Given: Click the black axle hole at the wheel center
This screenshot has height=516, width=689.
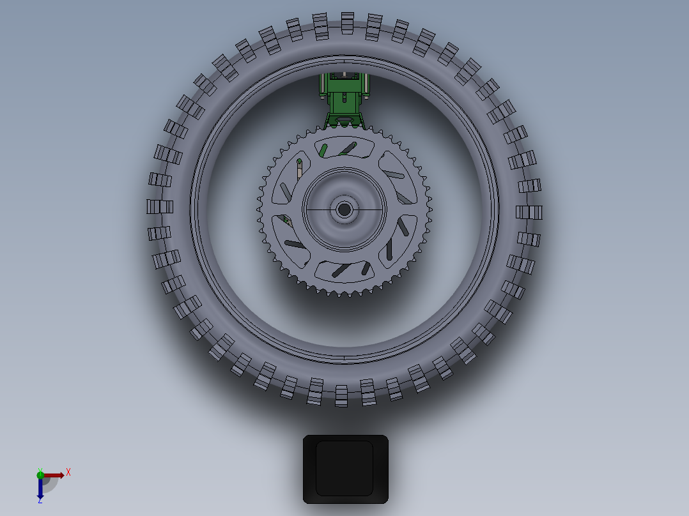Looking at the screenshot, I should (x=344, y=209).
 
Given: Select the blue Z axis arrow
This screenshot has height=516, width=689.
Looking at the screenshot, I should (x=40, y=488).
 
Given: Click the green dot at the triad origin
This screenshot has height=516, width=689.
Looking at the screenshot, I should (x=40, y=474).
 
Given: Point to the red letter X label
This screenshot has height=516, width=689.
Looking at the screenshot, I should (x=68, y=472).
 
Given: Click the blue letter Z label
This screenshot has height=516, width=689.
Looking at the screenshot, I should (x=40, y=501).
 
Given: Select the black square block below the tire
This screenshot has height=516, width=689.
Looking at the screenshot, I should (x=345, y=469).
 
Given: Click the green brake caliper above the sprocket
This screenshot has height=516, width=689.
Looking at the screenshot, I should (x=345, y=96).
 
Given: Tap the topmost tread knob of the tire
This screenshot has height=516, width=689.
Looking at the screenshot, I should (x=347, y=22).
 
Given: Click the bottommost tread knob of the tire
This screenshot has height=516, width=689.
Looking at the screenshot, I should (x=341, y=396).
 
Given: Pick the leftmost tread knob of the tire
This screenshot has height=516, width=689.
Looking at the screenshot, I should (x=159, y=206).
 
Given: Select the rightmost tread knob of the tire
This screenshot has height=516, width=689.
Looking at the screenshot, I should (x=529, y=212).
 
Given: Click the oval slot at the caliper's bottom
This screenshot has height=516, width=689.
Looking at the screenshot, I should (x=345, y=119).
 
